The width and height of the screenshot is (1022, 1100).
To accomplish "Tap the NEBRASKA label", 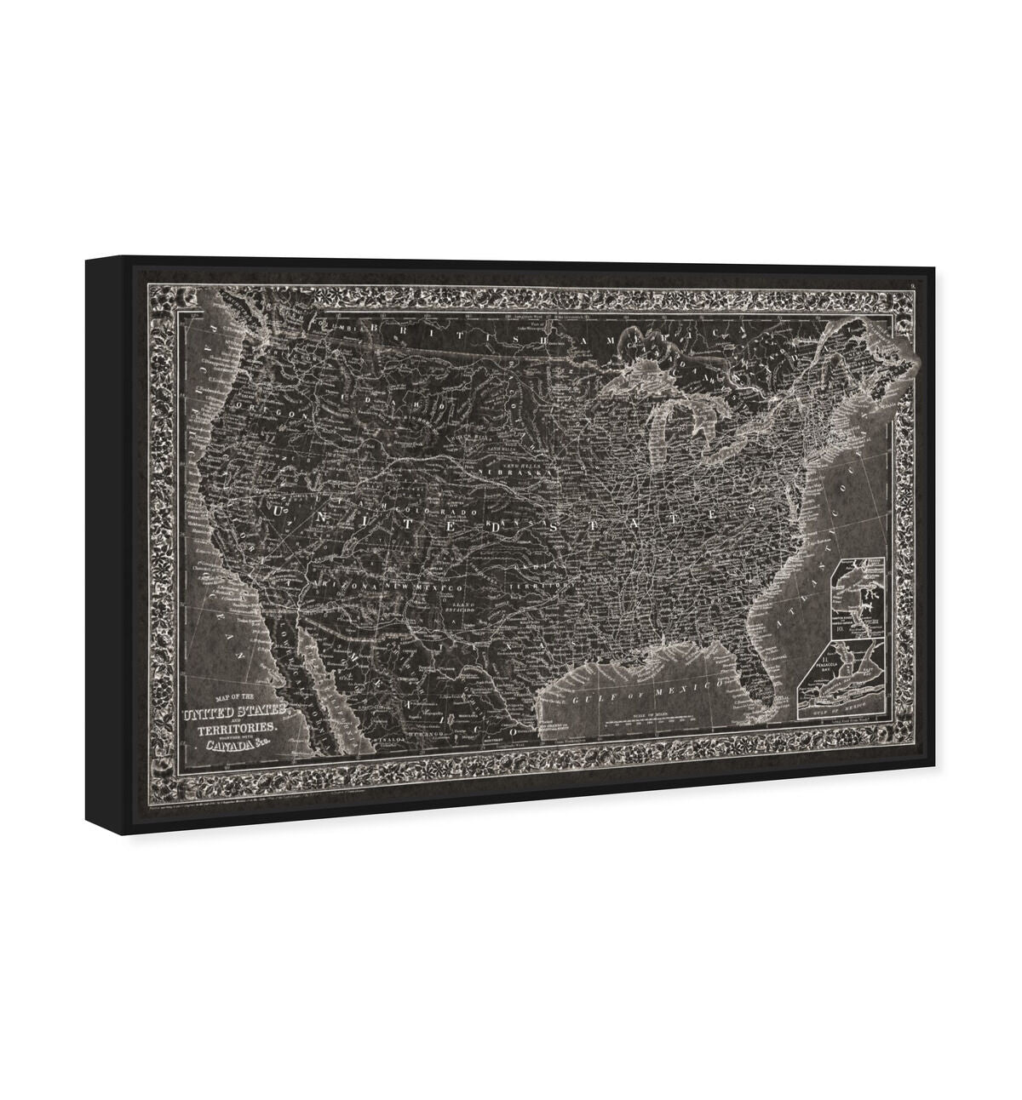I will (505, 469).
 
